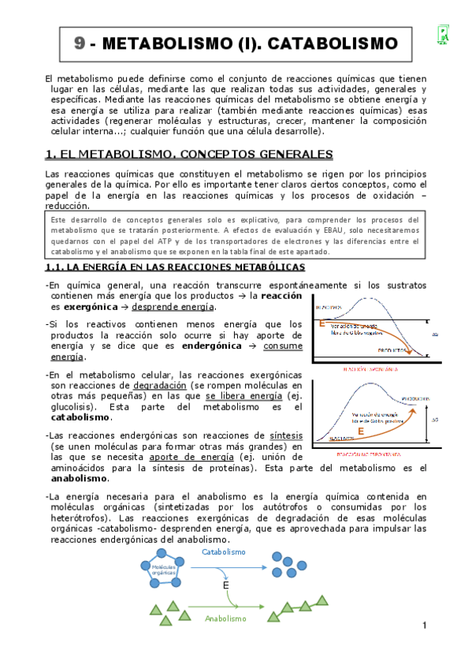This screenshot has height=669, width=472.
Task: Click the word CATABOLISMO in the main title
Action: coord(330,43)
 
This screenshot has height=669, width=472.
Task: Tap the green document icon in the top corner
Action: coord(444,34)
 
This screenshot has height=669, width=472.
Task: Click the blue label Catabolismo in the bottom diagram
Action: coord(224,551)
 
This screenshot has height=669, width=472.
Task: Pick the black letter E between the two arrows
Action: coord(225,586)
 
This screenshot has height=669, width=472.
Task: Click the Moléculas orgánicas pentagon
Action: coord(164,569)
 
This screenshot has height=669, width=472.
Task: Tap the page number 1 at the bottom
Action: coord(423,626)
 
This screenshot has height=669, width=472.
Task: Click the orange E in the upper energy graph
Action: coord(321,323)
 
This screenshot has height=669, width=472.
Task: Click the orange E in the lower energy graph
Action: coord(360,432)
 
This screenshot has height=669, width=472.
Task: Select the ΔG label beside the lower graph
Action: coord(436,419)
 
